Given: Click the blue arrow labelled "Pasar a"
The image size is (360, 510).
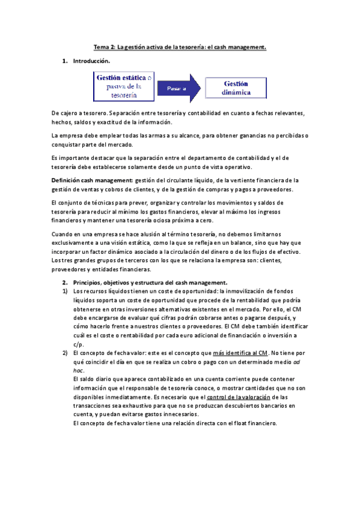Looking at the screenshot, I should tap(176, 88).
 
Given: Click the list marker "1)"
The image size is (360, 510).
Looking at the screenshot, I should tap(66, 291).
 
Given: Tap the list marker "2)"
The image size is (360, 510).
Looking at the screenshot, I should tap(66, 352).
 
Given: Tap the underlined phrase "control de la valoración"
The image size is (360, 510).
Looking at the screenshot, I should tap(239, 397).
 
